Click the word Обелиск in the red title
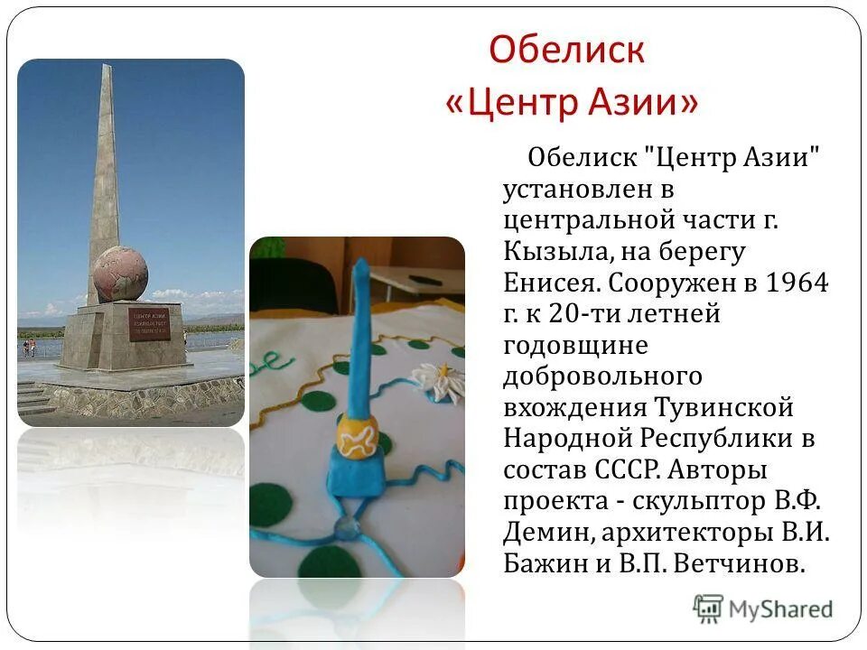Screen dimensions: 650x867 (x=566, y=51)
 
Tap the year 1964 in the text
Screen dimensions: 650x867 (x=797, y=283)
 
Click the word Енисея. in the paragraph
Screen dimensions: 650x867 (x=552, y=283)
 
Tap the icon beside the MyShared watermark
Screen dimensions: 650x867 (x=709, y=608)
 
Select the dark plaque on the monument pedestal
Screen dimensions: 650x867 (x=148, y=324)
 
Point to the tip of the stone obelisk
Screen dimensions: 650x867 (x=107, y=68)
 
